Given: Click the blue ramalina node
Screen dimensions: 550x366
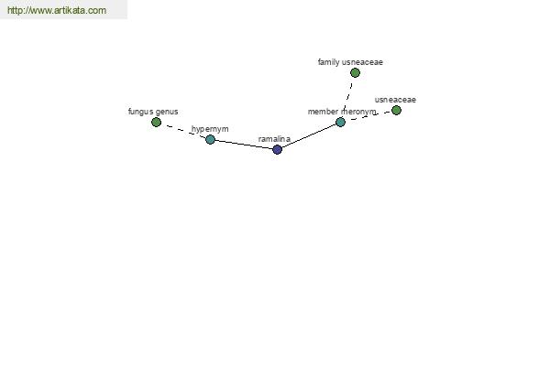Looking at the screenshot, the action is [277, 149].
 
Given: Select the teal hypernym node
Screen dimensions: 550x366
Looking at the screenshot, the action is [210, 139].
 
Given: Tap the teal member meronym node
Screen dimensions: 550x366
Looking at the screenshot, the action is [340, 123].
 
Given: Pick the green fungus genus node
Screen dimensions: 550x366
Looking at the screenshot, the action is [156, 123].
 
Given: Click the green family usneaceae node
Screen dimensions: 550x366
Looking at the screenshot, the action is [355, 73].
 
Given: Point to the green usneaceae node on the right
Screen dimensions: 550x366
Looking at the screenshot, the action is [396, 111].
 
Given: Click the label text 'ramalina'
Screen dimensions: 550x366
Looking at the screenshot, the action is [274, 139].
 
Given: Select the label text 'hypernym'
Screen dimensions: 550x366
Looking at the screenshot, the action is [210, 129].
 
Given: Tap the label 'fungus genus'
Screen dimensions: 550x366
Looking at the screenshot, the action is [153, 112].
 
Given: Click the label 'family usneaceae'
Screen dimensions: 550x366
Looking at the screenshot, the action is [350, 62].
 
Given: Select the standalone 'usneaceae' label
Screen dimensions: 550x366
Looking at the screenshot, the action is [395, 100].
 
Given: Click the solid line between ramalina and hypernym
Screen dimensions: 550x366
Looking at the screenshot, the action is [244, 145].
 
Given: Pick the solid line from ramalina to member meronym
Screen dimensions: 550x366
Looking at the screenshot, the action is [309, 136].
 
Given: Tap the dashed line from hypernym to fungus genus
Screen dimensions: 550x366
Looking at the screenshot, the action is [183, 131].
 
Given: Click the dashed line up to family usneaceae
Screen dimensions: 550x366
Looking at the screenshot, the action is [347, 98].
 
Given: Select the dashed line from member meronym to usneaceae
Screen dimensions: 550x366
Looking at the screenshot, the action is [368, 116].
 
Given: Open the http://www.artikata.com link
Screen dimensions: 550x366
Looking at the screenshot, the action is [57, 10].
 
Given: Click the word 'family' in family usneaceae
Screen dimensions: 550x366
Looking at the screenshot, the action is [328, 62].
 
